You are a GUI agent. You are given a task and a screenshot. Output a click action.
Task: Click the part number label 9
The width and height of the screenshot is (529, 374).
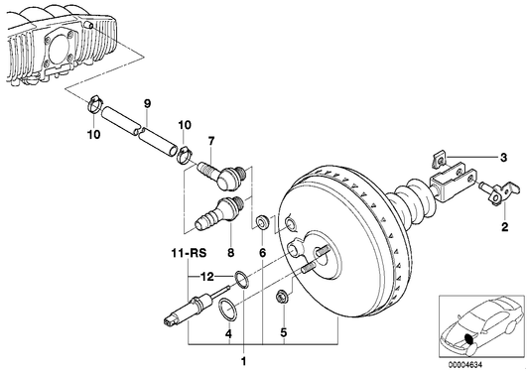point(146,103)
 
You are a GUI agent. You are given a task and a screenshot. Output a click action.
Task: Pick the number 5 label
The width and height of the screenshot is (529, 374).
point(283,332)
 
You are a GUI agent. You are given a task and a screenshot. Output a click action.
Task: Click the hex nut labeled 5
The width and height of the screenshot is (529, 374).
point(282,295)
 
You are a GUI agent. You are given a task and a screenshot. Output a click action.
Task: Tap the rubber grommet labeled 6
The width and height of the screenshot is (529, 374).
point(261,220)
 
